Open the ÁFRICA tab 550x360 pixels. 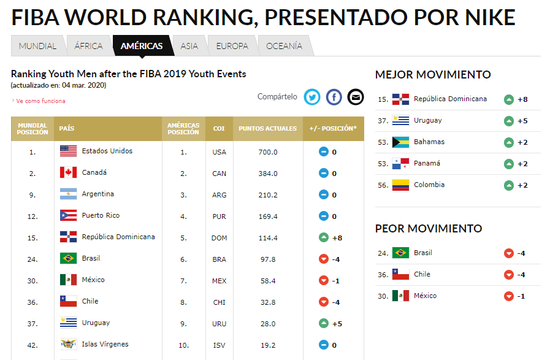click(88, 46)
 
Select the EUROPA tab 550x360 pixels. click(232, 46)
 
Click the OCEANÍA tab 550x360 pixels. click(284, 46)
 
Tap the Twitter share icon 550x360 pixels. click(313, 97)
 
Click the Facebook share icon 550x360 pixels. click(334, 97)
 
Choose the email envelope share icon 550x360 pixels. click(355, 97)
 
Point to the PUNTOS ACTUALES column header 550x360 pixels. click(267, 129)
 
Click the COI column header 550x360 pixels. click(219, 129)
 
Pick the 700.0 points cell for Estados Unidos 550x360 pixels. click(268, 152)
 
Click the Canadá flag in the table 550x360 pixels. click(68, 173)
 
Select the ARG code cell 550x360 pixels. click(219, 195)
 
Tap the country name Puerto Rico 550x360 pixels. click(101, 216)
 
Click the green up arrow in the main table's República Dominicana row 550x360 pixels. click(324, 237)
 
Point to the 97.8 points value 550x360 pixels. click(268, 259)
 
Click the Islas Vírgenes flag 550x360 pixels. click(68, 345)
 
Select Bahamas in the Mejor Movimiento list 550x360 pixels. click(429, 142)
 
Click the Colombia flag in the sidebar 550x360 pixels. click(400, 185)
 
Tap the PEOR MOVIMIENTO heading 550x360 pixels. click(429, 229)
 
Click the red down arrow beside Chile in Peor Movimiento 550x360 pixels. click(508, 275)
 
